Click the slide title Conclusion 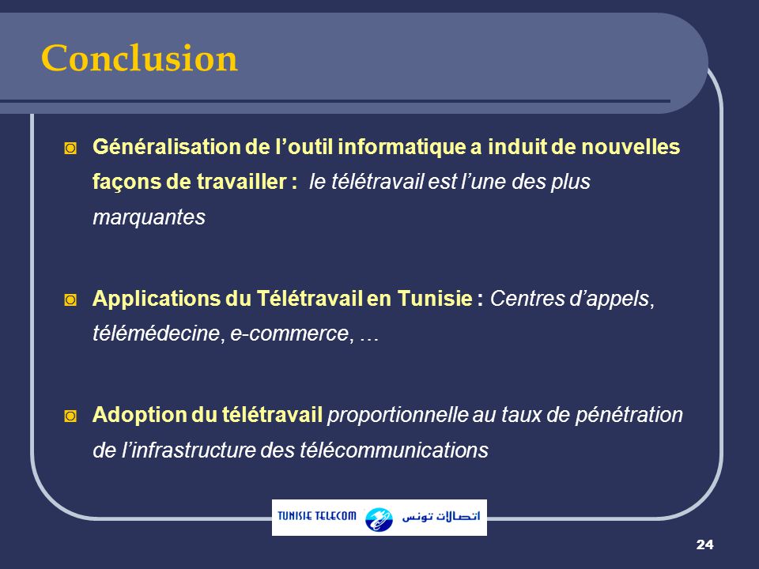tap(139, 58)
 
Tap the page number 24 tap(705, 545)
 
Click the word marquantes tap(149, 219)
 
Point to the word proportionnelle tap(398, 415)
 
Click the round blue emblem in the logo tap(379, 518)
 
